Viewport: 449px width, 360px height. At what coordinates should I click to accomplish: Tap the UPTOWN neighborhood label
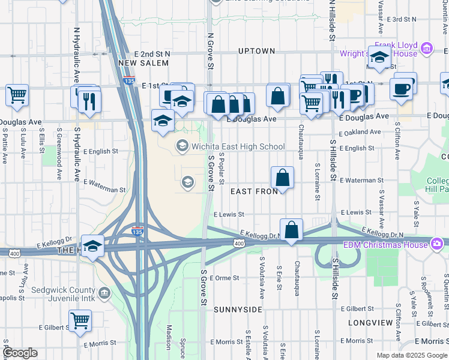pyautogui.click(x=256, y=51)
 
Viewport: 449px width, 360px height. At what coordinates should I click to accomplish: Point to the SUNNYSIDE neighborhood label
pyautogui.click(x=238, y=310)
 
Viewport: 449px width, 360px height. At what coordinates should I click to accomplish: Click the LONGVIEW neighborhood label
pyautogui.click(x=370, y=323)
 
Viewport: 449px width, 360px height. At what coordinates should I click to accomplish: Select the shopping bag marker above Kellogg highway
pyautogui.click(x=291, y=230)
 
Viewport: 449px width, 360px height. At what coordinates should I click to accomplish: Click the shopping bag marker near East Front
pyautogui.click(x=282, y=178)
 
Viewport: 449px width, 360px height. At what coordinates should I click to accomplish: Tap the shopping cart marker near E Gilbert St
pyautogui.click(x=80, y=320)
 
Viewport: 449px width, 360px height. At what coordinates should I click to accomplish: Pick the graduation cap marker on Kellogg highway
pyautogui.click(x=93, y=246)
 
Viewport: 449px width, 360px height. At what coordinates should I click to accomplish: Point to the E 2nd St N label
pyautogui.click(x=152, y=54)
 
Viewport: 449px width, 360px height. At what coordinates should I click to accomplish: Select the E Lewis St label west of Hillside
pyautogui.click(x=229, y=214)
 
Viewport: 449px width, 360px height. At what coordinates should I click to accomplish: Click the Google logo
pyautogui.click(x=20, y=353)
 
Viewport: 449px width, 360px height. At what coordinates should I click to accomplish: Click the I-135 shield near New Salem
pyautogui.click(x=128, y=79)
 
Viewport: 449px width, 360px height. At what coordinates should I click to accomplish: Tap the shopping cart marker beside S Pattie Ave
pyautogui.click(x=17, y=94)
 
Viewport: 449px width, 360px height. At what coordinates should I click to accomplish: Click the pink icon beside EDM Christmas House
pyautogui.click(x=436, y=244)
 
